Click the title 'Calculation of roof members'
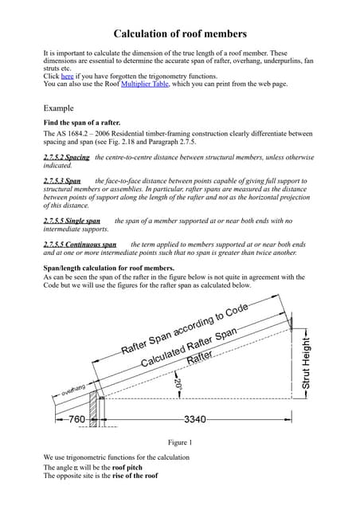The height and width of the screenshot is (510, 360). point(180,33)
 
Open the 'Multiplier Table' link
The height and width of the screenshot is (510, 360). point(144,84)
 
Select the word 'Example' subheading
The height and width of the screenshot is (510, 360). point(58,108)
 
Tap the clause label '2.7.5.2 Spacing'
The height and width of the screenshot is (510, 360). point(66,157)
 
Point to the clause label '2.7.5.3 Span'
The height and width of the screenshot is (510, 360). point(62,181)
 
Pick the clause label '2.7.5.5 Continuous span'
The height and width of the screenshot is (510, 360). point(80,245)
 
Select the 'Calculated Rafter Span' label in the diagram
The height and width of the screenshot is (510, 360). point(190,347)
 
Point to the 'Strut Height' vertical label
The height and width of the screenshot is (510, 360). point(307,363)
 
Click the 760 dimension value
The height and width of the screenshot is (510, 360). point(76,418)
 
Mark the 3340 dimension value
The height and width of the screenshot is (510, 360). point(196,418)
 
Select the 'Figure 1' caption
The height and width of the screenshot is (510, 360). point(180,442)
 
